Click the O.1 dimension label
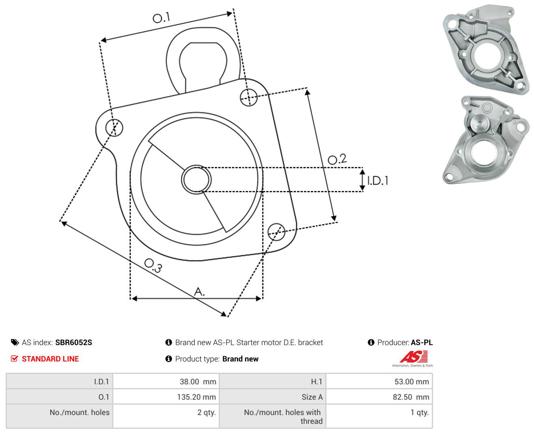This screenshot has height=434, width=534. tap(161, 17)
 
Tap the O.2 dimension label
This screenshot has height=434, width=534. tap(337, 159)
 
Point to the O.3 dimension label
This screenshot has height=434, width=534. tap(153, 265)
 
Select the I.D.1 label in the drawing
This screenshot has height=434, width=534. tap(378, 180)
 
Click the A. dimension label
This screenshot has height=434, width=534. tap(199, 291)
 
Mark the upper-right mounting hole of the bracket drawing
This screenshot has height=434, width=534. tap(248, 97)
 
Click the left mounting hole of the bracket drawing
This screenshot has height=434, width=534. tap(114, 127)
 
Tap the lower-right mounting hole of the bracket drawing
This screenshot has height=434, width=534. tap(276, 232)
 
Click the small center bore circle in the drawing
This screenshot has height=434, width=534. tap(196, 179)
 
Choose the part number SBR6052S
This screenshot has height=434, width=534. tap(74, 342)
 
